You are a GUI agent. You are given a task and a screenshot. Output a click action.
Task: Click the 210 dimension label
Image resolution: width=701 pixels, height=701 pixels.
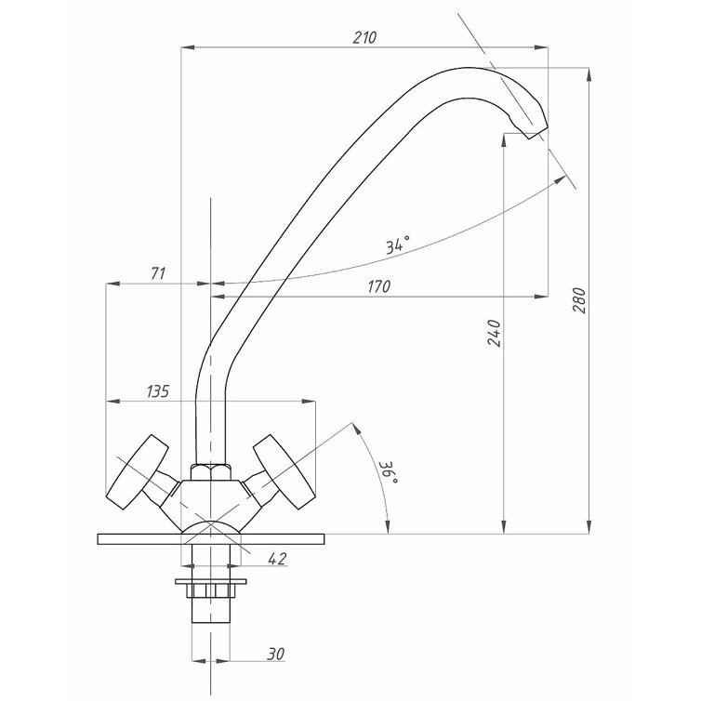[x=364, y=37]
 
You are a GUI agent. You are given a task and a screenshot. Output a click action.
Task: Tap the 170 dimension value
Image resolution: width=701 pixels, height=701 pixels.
[x=379, y=286]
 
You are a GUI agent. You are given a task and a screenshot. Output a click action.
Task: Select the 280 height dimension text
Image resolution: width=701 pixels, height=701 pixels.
[x=579, y=300]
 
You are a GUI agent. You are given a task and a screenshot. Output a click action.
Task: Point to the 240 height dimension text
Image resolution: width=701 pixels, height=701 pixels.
[x=494, y=333]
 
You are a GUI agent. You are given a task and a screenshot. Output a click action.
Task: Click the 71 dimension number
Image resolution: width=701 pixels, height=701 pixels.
[x=158, y=273]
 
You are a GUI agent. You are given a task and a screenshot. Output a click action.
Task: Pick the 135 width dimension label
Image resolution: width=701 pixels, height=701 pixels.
[x=158, y=391]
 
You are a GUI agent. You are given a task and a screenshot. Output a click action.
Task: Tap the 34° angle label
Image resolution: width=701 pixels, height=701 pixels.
[x=397, y=245]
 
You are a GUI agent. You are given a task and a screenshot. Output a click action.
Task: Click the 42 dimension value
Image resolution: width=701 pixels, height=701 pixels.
[x=277, y=559]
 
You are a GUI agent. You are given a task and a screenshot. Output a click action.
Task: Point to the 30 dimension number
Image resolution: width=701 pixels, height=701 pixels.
[x=275, y=655]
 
